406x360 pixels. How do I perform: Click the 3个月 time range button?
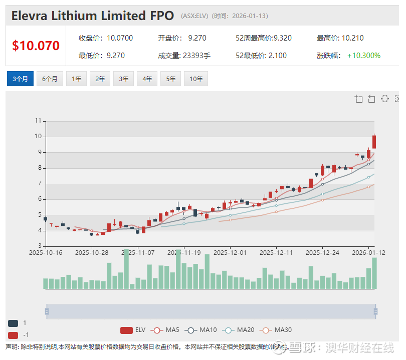(x=20, y=79)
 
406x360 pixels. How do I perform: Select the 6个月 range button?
(x=50, y=79)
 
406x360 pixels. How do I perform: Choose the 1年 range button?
(x=76, y=79)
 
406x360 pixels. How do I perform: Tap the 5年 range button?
(x=171, y=79)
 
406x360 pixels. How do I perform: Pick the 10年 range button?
(x=196, y=79)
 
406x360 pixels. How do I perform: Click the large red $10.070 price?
(x=36, y=46)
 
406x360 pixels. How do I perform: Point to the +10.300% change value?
(x=364, y=56)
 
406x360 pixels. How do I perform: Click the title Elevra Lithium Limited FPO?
(x=93, y=16)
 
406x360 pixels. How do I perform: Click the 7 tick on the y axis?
(x=38, y=184)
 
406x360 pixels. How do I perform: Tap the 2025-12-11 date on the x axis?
(x=276, y=252)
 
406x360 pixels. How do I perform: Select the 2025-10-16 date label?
(x=46, y=252)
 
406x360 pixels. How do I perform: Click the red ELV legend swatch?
(x=126, y=330)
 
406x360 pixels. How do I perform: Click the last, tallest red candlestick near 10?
(x=374, y=142)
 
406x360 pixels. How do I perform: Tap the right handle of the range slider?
(x=375, y=311)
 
